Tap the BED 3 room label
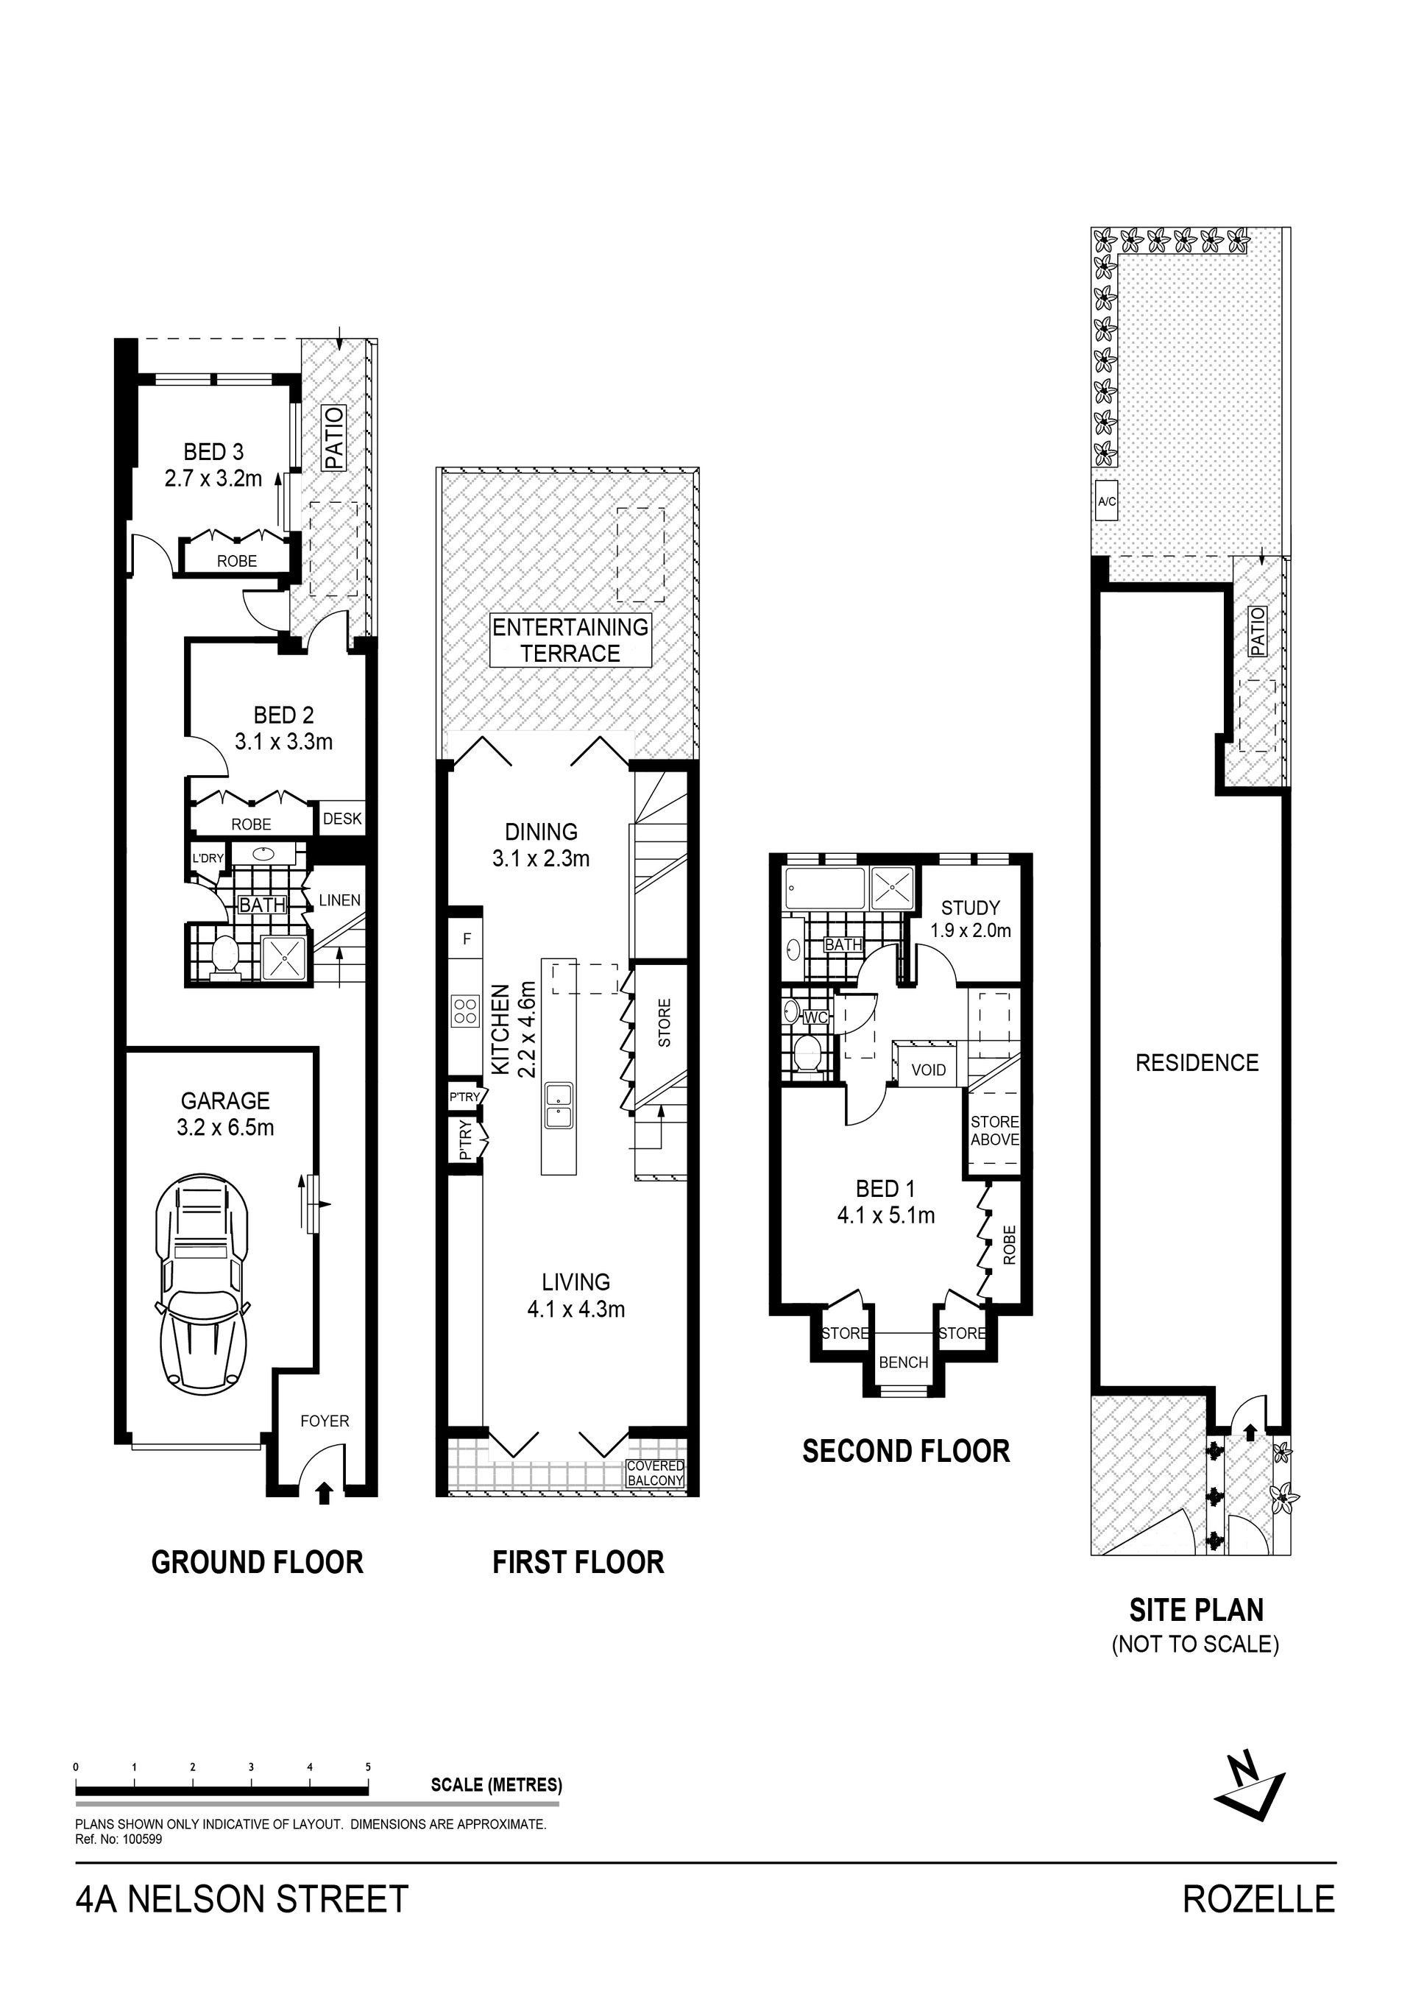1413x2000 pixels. pyautogui.click(x=213, y=452)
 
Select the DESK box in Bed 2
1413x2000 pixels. pyautogui.click(x=342, y=819)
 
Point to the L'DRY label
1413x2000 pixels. pyautogui.click(x=208, y=858)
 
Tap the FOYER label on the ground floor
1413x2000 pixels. pyautogui.click(x=325, y=1421)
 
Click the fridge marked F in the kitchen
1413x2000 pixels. pyautogui.click(x=467, y=939)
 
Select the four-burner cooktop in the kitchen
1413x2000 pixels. pyautogui.click(x=465, y=1011)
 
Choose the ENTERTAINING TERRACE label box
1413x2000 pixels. pyautogui.click(x=570, y=640)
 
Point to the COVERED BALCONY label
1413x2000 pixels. pyautogui.click(x=656, y=1474)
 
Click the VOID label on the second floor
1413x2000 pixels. pyautogui.click(x=929, y=1070)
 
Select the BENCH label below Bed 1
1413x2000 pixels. pyautogui.click(x=904, y=1363)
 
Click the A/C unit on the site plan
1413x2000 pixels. pyautogui.click(x=1106, y=501)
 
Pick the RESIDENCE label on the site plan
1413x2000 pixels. pyautogui.click(x=1197, y=1063)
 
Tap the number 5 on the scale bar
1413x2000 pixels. pyautogui.click(x=368, y=1767)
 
